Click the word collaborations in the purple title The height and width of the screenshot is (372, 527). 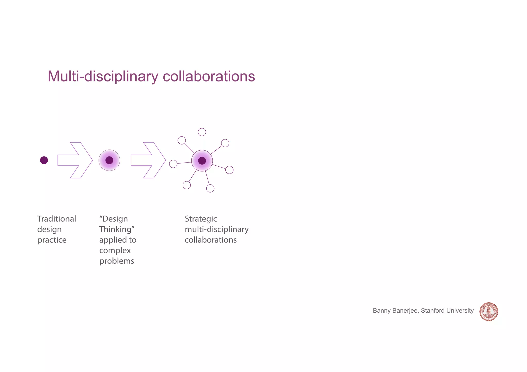[209, 76]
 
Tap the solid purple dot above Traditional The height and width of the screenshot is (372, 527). [44, 160]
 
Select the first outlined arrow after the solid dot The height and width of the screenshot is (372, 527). [75, 160]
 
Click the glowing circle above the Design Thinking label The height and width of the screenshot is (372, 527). [109, 160]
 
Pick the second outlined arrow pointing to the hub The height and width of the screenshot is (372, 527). [148, 160]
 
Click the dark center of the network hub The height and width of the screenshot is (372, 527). [202, 161]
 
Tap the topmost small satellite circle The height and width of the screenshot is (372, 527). [202, 132]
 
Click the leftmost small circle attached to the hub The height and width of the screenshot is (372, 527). [173, 164]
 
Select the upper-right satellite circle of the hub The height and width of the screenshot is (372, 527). [225, 143]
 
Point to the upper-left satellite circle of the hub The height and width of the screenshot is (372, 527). [182, 140]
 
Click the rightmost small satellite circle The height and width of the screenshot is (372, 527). [229, 170]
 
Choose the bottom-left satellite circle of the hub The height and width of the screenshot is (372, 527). [187, 185]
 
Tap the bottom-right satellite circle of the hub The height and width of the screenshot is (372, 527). [210, 188]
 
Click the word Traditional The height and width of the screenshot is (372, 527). [57, 219]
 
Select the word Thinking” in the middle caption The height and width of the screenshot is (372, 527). [117, 229]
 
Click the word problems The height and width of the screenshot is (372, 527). [117, 261]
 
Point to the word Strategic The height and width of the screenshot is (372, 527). [201, 219]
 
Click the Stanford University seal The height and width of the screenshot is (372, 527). [489, 312]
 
